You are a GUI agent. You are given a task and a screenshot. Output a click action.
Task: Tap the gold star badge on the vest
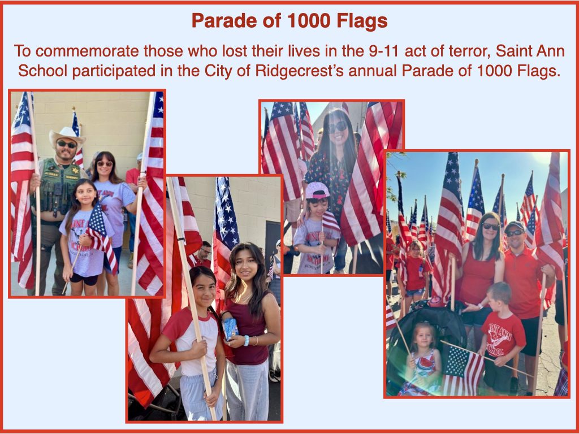click(x=75, y=170)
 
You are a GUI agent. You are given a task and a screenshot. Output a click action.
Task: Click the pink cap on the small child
click(x=316, y=190)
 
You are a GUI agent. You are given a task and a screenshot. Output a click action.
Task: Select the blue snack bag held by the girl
click(x=230, y=328)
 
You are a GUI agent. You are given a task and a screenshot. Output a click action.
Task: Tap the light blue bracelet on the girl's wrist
click(x=247, y=340)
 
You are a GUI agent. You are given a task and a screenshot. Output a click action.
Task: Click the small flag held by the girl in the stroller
click(x=463, y=370)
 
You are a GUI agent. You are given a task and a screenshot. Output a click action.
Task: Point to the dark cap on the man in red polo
click(x=515, y=226)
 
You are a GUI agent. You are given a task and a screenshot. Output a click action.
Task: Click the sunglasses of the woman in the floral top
click(x=338, y=127)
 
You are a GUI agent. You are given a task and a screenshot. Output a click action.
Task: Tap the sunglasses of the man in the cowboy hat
click(x=67, y=144)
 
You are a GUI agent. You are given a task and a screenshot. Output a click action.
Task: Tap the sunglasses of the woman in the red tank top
click(x=491, y=226)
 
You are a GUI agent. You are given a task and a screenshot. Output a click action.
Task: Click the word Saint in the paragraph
click(x=515, y=51)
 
